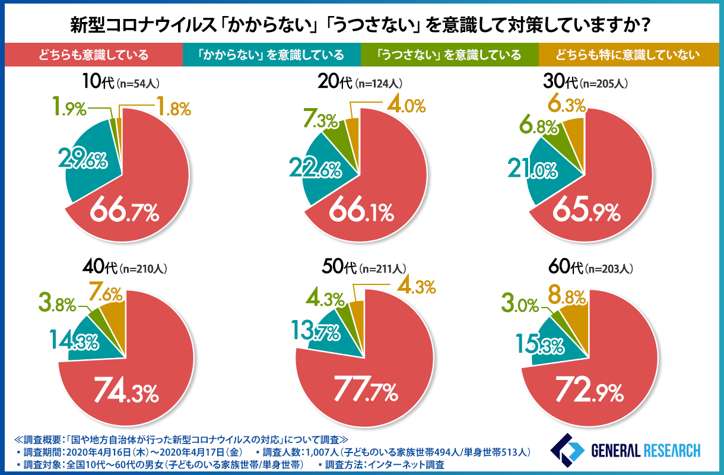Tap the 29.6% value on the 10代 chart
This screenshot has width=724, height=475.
(x=82, y=160)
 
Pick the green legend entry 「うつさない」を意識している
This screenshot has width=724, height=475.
(x=449, y=55)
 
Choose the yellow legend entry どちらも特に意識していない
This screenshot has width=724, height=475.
(x=628, y=55)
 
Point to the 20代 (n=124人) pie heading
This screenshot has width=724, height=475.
(x=361, y=83)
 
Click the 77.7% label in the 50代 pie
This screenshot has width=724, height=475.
(x=364, y=392)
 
